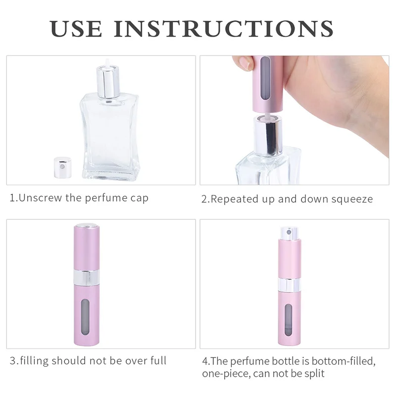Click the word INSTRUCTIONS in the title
[x=224, y=29]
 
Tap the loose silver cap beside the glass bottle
[x=63, y=167]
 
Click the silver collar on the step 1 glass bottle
[x=108, y=81]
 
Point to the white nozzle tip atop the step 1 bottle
[x=108, y=62]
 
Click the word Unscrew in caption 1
[x=40, y=198]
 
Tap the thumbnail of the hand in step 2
[x=245, y=63]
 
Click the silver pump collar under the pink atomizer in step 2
[x=268, y=136]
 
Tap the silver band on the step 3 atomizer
[x=87, y=277]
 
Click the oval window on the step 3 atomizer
[x=86, y=317]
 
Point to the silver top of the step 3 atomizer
[x=87, y=225]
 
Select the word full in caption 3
[x=158, y=360]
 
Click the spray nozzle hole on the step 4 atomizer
[x=290, y=232]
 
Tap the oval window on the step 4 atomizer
[x=289, y=320]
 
